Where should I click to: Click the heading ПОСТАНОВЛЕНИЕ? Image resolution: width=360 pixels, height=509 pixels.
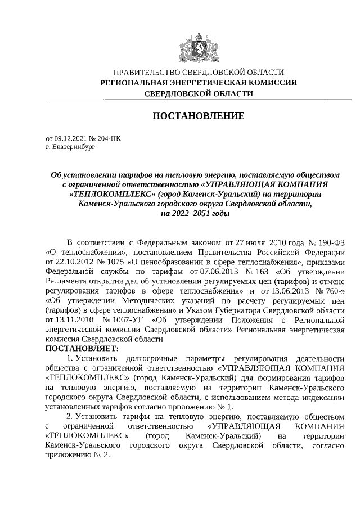coord(199,116)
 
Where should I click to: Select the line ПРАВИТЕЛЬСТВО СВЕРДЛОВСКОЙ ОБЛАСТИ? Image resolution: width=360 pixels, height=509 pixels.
coord(199,72)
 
